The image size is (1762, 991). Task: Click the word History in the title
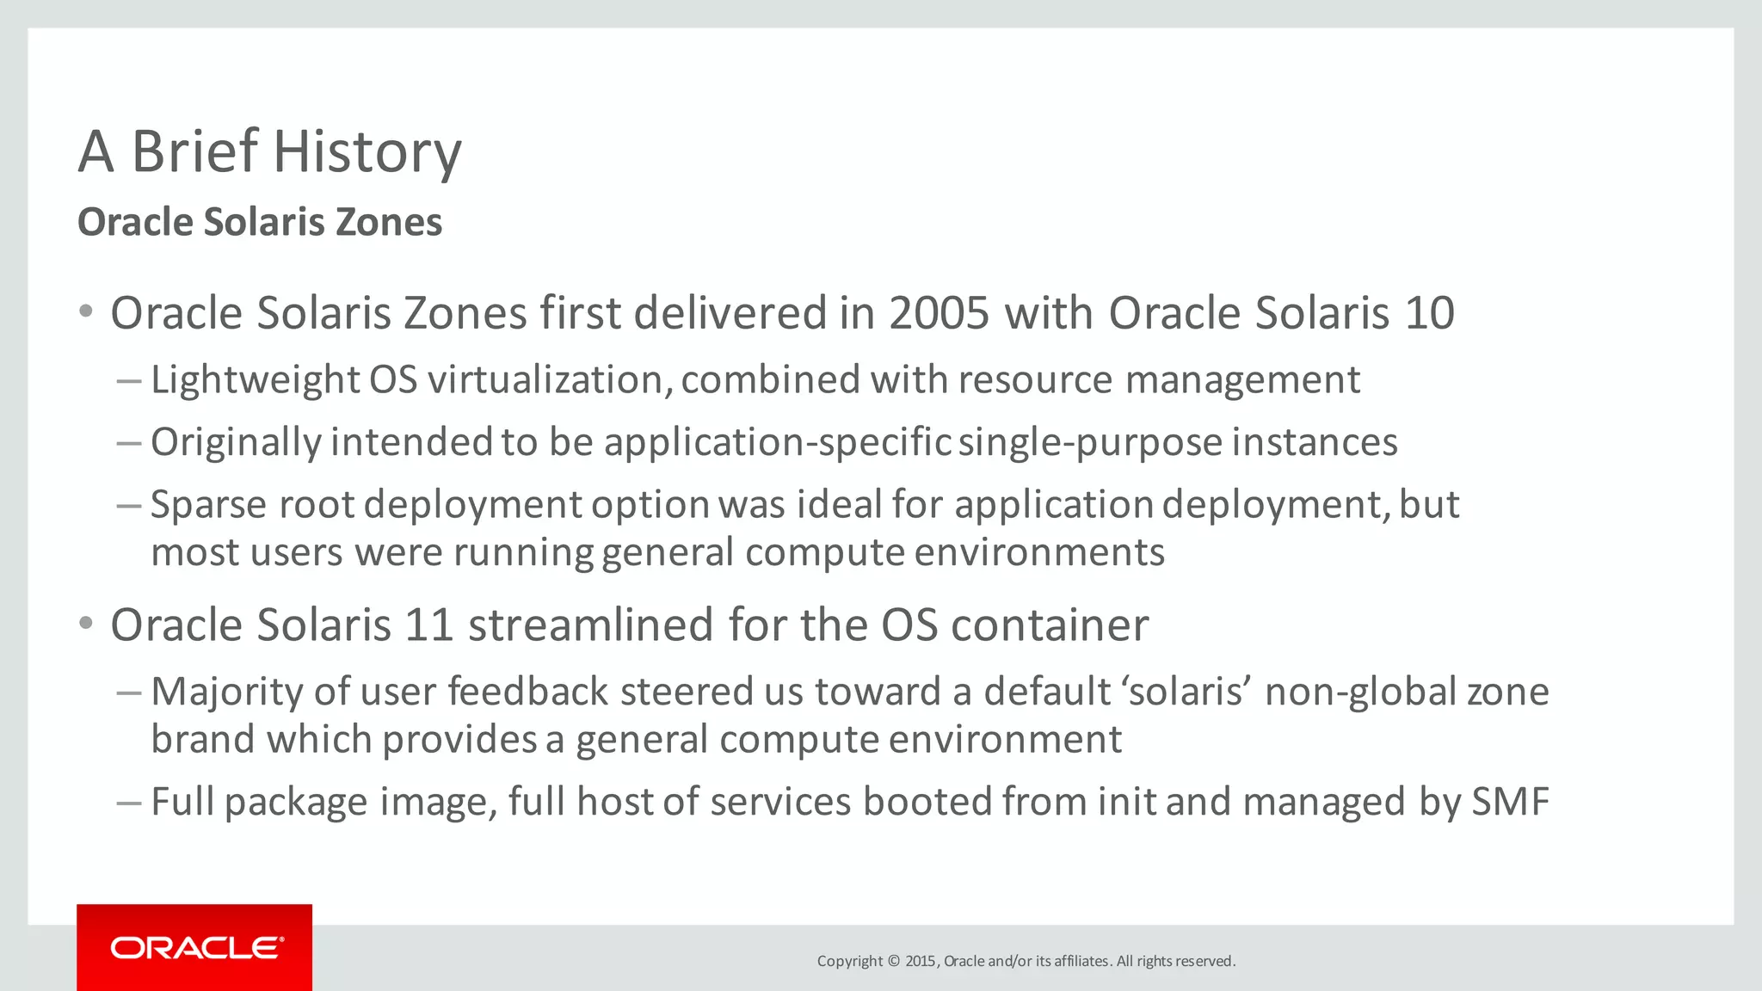(x=367, y=152)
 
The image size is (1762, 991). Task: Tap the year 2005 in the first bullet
(x=940, y=313)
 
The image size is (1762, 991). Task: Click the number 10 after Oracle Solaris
(x=1429, y=313)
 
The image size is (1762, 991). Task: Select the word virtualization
(x=550, y=380)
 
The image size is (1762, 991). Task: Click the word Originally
(x=236, y=443)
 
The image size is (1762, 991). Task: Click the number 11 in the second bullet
(x=429, y=625)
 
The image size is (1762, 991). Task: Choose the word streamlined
(x=591, y=625)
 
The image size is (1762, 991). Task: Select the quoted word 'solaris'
(x=1187, y=692)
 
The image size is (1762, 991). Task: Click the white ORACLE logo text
(x=197, y=948)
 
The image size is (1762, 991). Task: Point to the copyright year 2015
(x=920, y=961)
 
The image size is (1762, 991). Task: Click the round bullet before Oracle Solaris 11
(x=85, y=623)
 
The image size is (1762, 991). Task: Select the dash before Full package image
(x=129, y=803)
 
